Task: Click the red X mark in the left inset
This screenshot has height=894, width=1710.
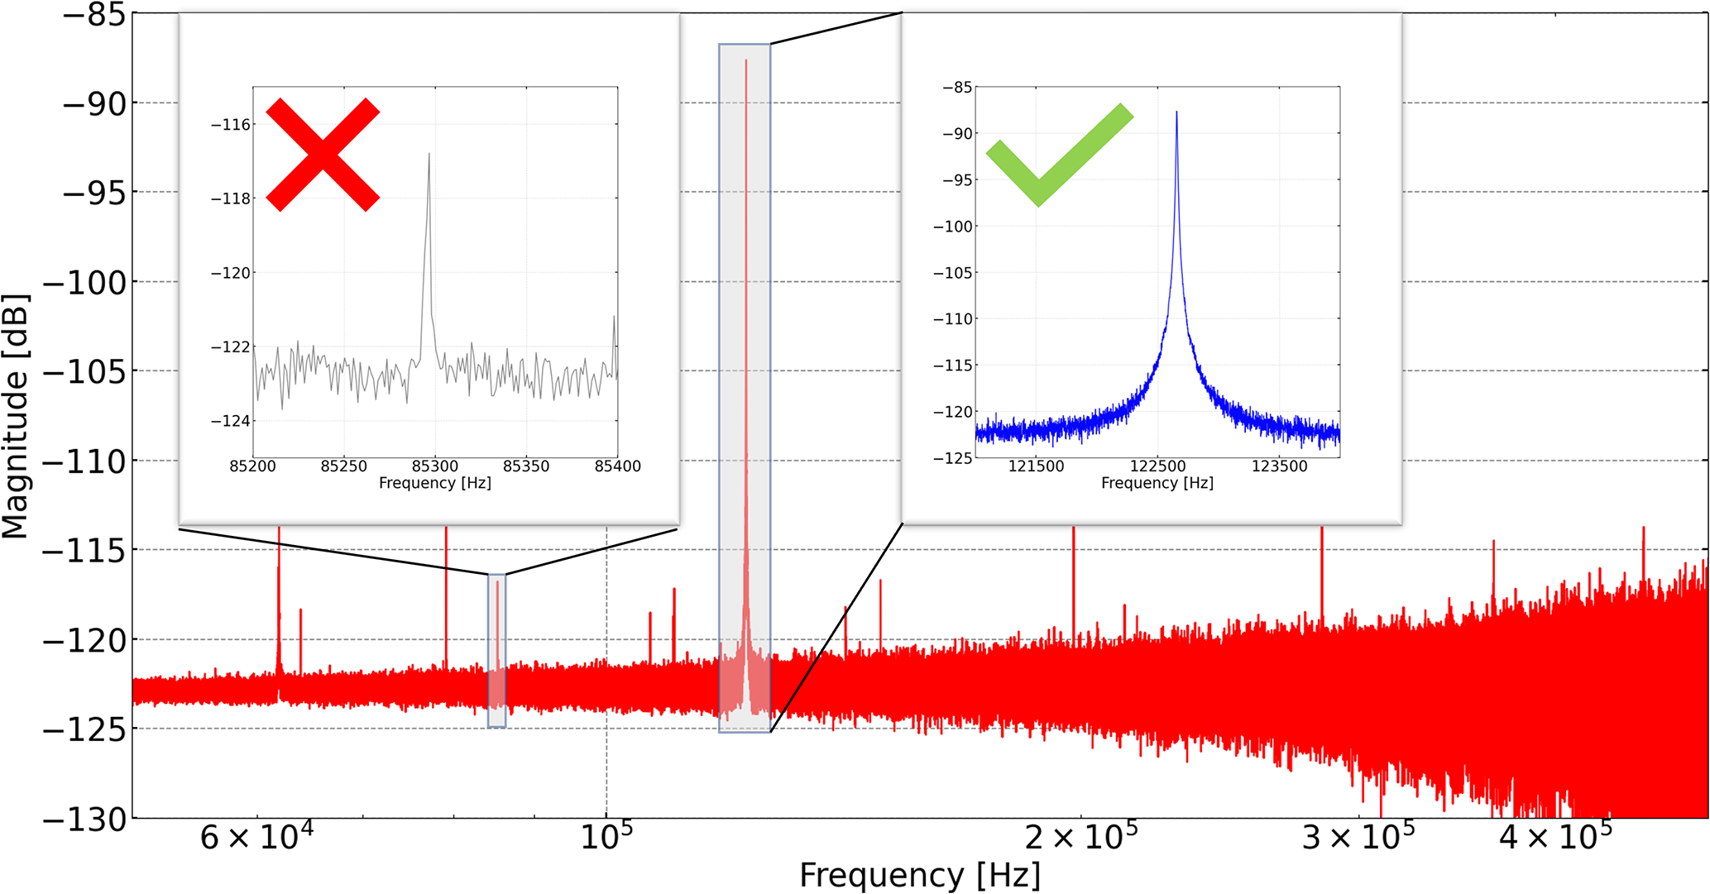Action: (323, 155)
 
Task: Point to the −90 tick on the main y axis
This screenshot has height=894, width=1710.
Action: (94, 104)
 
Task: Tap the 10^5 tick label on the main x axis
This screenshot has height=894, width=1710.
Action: (606, 837)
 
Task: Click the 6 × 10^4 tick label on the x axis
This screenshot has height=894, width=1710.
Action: (256, 837)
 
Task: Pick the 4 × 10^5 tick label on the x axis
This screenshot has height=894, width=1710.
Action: (1555, 837)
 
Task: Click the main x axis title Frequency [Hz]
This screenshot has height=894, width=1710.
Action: (920, 875)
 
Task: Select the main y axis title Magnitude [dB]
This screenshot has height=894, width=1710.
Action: (15, 416)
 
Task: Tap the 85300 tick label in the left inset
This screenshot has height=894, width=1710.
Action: (435, 466)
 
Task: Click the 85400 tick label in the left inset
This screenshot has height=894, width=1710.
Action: (617, 466)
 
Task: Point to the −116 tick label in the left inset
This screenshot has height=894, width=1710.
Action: (231, 125)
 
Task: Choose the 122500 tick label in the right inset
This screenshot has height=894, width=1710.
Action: (1157, 466)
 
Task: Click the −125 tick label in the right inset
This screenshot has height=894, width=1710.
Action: (952, 458)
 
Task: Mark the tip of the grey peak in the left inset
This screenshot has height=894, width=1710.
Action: (429, 154)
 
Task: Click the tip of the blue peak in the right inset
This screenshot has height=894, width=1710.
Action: (1176, 112)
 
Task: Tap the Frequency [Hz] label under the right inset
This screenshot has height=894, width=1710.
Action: (1157, 483)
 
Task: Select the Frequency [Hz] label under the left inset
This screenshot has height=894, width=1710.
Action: (434, 483)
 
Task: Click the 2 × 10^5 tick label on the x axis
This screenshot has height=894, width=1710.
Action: (1080, 837)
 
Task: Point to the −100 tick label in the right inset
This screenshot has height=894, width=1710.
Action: (952, 227)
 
